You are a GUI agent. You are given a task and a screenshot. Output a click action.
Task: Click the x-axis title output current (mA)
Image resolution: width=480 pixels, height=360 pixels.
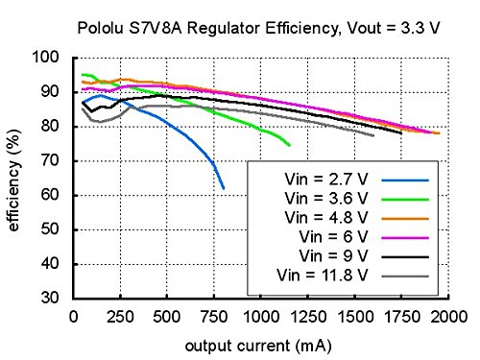(260, 342)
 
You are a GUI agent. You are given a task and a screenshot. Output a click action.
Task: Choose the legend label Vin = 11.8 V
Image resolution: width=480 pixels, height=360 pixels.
(319, 277)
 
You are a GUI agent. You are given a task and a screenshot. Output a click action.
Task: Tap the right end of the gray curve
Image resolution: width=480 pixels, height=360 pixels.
(373, 135)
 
